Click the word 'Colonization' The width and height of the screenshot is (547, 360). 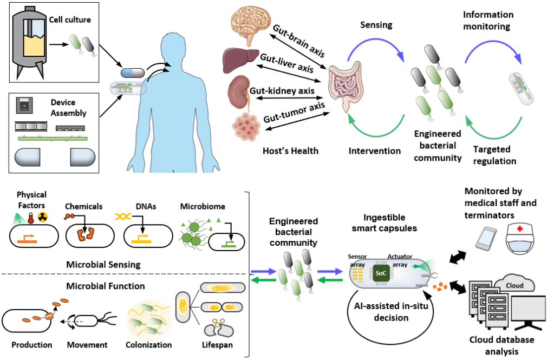click(148, 345)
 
